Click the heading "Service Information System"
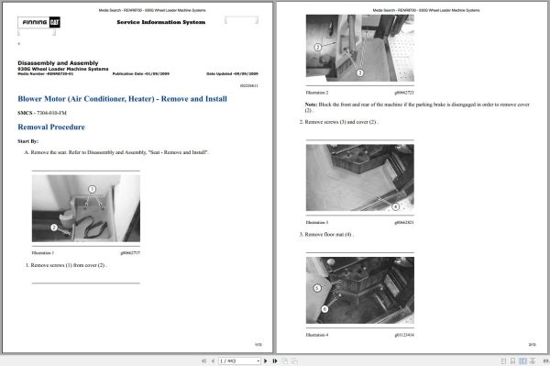(x=154, y=22)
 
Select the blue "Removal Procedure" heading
(x=52, y=127)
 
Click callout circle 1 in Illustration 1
(x=92, y=189)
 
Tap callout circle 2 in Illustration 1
(x=53, y=227)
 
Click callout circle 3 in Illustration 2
(x=359, y=72)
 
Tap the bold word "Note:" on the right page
(x=312, y=105)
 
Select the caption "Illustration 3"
(x=316, y=223)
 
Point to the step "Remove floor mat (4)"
(x=328, y=234)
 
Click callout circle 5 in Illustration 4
(x=316, y=287)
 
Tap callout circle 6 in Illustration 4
(x=324, y=309)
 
